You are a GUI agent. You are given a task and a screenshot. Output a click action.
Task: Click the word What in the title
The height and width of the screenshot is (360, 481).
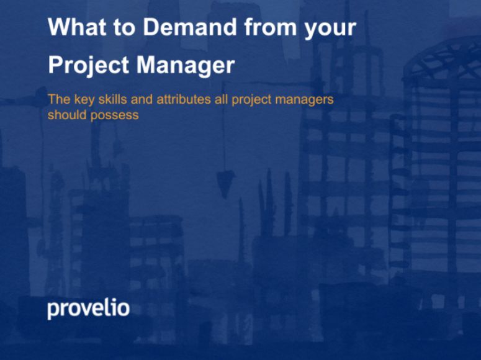pos(78,27)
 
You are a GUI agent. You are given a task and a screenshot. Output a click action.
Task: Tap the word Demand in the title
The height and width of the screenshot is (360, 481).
pos(190,27)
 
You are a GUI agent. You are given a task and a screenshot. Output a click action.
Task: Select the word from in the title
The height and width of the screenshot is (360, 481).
pos(271,27)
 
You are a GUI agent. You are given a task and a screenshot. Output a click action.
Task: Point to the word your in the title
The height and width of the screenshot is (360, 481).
pos(330,29)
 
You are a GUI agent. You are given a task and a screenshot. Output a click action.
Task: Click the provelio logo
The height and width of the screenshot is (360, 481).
pos(88,308)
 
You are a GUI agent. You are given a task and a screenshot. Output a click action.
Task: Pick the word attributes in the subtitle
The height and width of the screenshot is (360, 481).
pos(184,99)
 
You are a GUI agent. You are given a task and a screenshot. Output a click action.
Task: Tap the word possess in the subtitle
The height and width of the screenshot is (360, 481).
pos(115,116)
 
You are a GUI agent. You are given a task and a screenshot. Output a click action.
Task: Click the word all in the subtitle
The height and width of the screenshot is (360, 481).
pos(221,99)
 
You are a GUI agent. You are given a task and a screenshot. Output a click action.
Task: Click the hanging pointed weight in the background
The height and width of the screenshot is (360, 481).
pos(225,184)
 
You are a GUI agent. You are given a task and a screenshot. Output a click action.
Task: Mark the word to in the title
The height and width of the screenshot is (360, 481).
pos(125,28)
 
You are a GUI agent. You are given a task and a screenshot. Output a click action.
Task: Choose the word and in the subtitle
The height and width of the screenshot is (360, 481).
pos(142,99)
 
